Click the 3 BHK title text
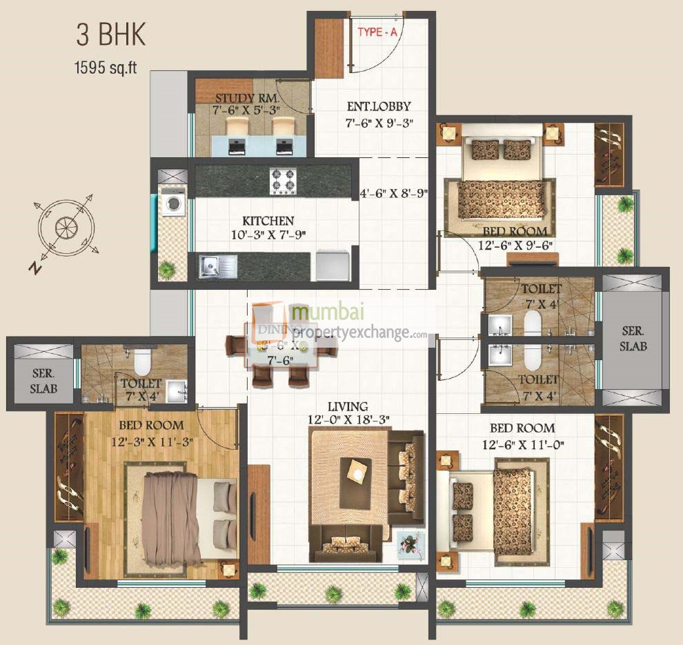click(111, 35)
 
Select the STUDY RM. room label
click(238, 98)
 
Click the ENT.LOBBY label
click(378, 106)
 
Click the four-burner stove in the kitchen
click(283, 181)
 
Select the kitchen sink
click(217, 266)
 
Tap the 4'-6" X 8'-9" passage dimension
click(395, 194)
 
